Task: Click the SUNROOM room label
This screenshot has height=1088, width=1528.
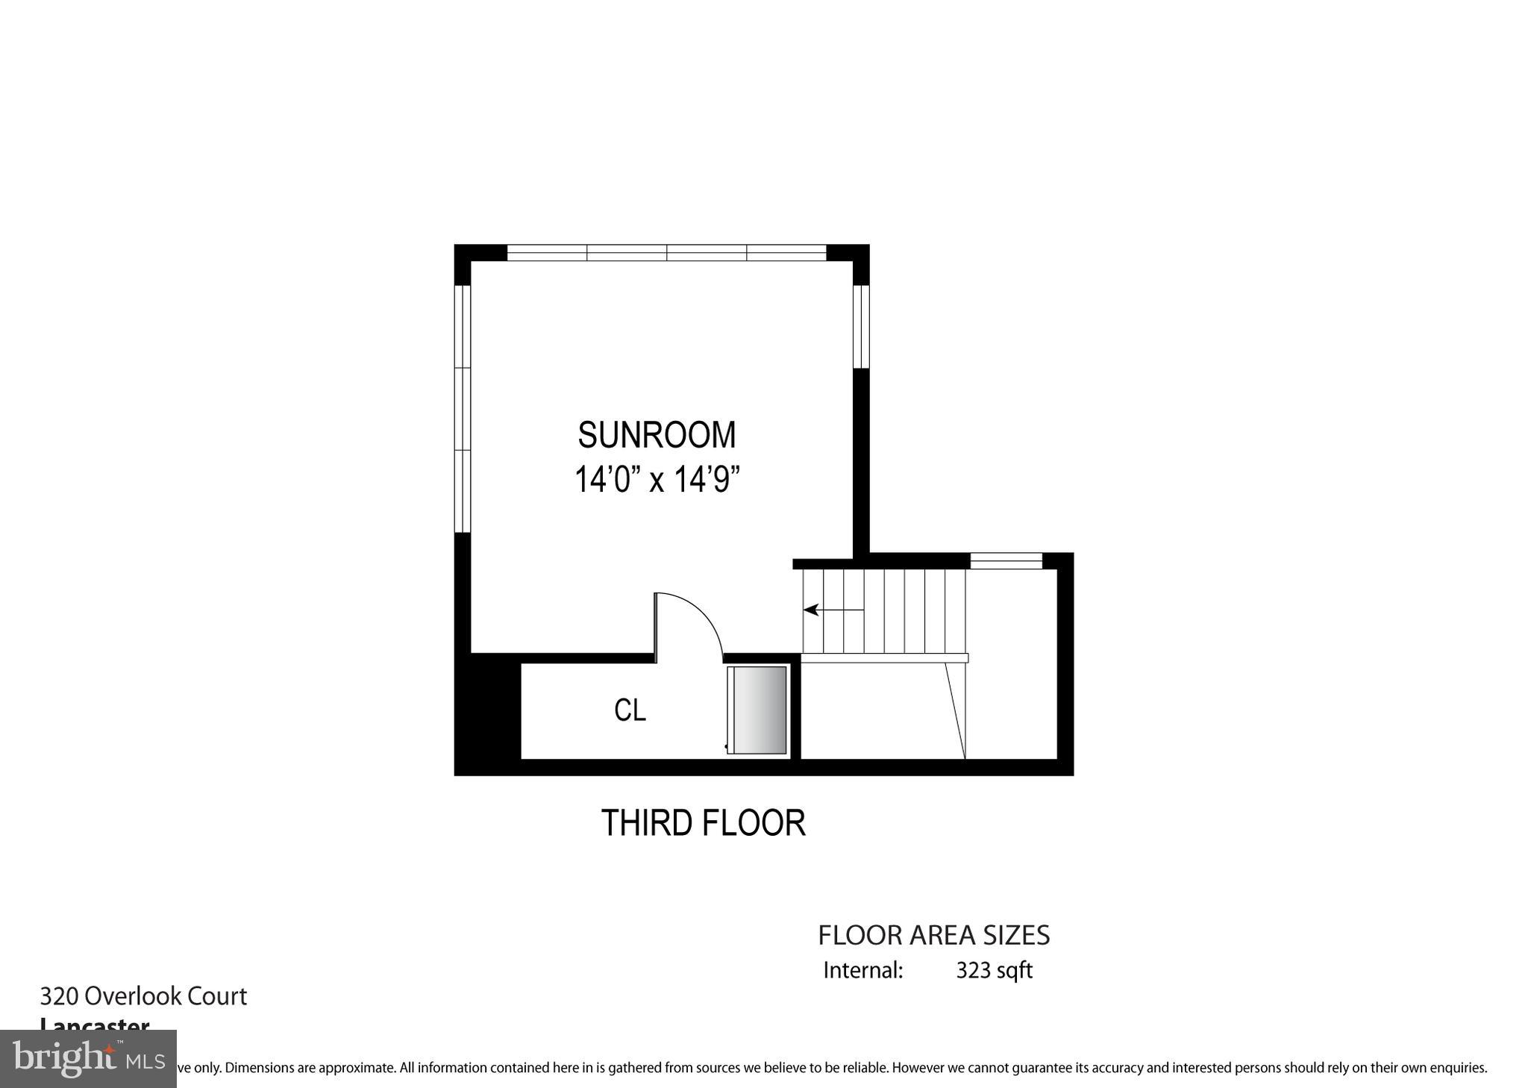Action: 657,435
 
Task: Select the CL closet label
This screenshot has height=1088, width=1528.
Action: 630,710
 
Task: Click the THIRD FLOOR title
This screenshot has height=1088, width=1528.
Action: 703,823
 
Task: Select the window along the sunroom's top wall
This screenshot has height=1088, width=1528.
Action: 666,252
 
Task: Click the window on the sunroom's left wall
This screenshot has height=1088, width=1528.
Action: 463,409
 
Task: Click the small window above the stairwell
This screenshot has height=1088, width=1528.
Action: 1005,560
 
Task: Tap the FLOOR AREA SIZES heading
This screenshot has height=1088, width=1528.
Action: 933,935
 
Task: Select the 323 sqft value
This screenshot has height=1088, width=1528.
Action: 994,970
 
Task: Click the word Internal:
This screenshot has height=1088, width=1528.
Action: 863,970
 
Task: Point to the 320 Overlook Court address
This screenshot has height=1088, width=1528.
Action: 143,996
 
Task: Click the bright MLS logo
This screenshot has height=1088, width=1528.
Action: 88,1059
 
